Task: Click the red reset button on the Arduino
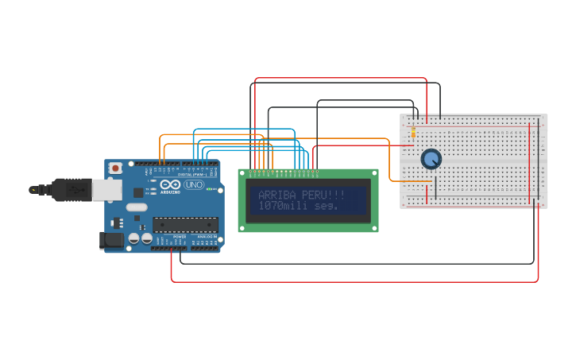tap(115, 168)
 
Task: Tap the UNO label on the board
tap(194, 184)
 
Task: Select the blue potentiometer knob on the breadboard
tap(431, 159)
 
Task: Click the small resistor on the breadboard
tap(413, 131)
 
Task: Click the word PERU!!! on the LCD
tap(324, 195)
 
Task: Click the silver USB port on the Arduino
tap(106, 189)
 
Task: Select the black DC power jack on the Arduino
tap(112, 240)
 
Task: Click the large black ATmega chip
tap(185, 224)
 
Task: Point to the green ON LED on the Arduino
tap(208, 189)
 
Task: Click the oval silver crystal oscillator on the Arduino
tap(137, 207)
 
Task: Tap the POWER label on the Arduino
tap(180, 237)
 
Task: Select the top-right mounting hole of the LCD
tap(373, 173)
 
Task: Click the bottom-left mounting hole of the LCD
tap(243, 228)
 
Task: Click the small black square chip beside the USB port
tap(138, 192)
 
